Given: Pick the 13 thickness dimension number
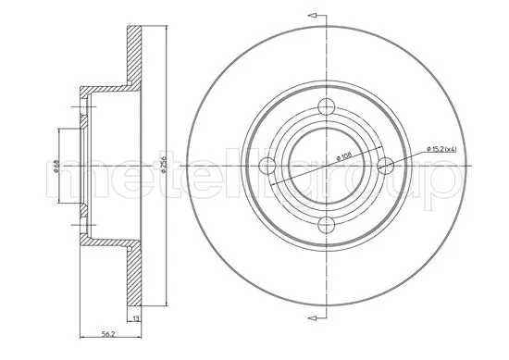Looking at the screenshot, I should coord(135,317).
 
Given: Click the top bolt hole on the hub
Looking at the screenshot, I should coord(328,108).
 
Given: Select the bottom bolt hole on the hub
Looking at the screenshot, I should coord(328,222).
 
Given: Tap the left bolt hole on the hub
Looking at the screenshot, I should coord(270,166).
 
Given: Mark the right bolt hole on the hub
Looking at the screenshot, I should coord(385,166).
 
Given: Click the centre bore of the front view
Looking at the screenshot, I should coord(328,166).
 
